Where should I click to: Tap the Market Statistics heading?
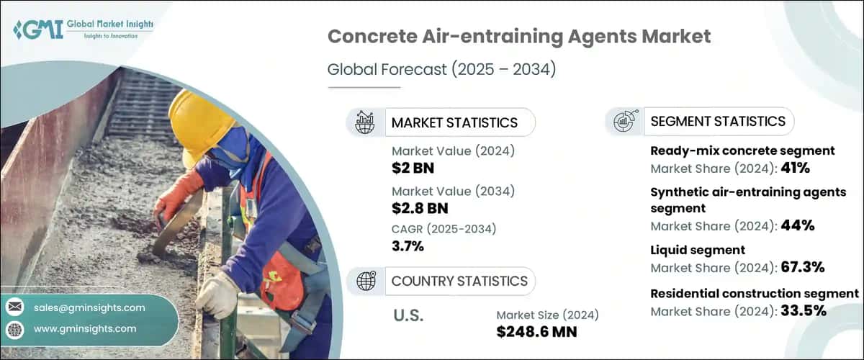454,122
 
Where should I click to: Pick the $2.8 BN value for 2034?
419,208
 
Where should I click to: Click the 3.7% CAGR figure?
408,247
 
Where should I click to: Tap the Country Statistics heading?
459,281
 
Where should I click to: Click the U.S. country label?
409,315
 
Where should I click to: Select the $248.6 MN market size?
536,332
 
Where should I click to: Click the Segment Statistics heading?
718,121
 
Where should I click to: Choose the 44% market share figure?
798,225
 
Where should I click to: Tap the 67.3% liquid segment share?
803,268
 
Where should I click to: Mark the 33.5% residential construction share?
803,311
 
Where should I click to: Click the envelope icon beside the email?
14,308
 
